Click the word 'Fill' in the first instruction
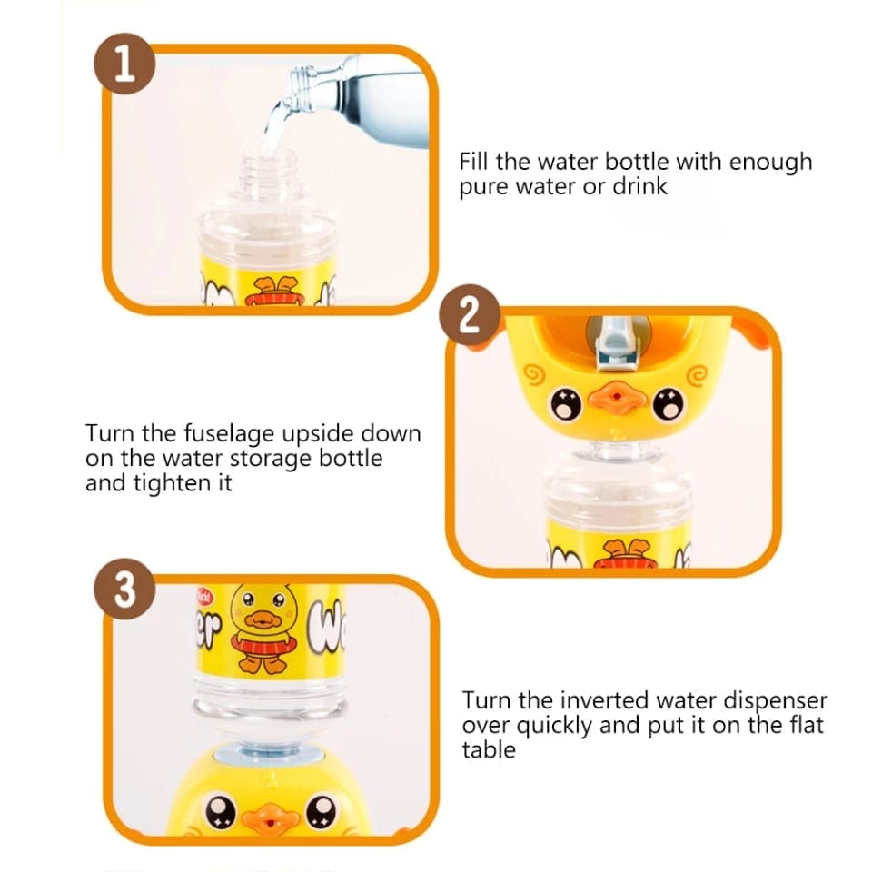(476, 162)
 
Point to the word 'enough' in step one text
(768, 163)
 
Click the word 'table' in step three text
(489, 749)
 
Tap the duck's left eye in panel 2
(566, 401)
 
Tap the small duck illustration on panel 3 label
(260, 627)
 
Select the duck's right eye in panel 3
(324, 808)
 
